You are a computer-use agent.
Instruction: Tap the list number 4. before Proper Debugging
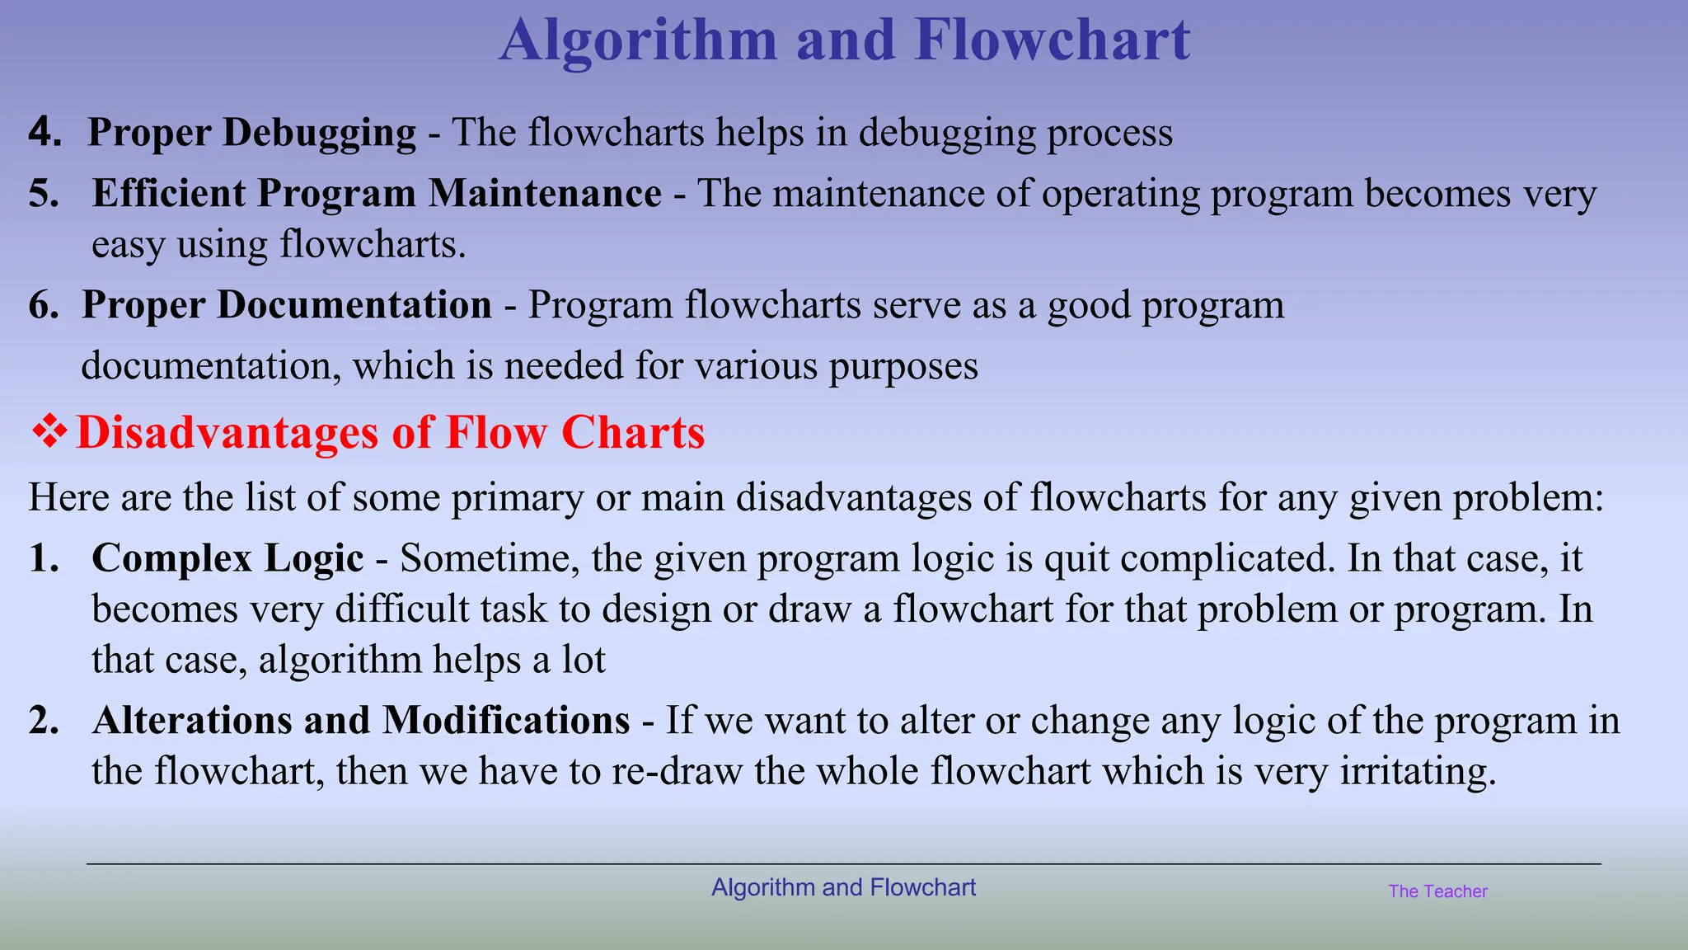45,132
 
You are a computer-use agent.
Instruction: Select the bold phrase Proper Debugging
251,133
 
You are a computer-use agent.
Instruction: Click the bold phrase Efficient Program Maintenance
377,194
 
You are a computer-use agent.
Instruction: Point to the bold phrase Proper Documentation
286,305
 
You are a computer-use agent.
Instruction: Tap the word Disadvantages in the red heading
227,433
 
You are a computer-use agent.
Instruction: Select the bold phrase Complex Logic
227,558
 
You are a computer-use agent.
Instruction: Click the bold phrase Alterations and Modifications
361,720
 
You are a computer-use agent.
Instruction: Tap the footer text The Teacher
1437,891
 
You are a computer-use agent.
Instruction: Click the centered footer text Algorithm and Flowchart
843,887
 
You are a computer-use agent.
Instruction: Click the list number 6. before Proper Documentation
44,305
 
